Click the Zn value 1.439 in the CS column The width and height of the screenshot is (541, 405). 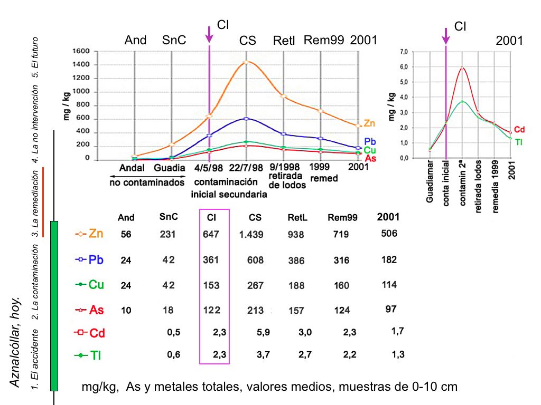[251, 235]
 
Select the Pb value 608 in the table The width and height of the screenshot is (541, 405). [255, 260]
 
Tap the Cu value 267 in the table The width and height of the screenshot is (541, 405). [255, 285]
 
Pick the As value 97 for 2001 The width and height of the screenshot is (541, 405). [391, 309]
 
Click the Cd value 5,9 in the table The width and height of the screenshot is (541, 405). [263, 332]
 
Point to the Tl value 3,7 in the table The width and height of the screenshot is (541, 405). [263, 355]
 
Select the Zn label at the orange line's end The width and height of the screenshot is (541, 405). [369, 123]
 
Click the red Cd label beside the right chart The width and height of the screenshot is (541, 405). [519, 130]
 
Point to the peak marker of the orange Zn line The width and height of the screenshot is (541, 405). [246, 62]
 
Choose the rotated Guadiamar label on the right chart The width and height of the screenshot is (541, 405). [430, 185]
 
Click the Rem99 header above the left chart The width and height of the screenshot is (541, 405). [324, 40]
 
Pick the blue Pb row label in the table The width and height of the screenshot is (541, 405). [96, 259]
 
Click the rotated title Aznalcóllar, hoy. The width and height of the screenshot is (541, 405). [16, 343]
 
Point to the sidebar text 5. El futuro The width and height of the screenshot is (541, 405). [35, 57]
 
